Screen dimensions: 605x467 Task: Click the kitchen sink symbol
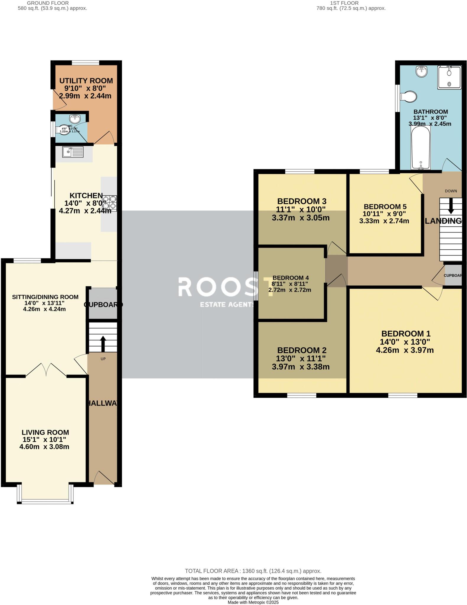pyautogui.click(x=73, y=152)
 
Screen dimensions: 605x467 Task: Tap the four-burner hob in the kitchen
pyautogui.click(x=109, y=203)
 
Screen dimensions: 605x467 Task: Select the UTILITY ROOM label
pyautogui.click(x=86, y=81)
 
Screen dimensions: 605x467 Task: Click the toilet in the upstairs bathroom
pyautogui.click(x=409, y=96)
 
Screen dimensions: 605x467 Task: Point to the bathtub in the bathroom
pyautogui.click(x=421, y=148)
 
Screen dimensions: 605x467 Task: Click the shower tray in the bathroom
pyautogui.click(x=449, y=77)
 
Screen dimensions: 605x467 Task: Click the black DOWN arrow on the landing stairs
pyautogui.click(x=451, y=206)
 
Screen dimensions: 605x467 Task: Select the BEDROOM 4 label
pyautogui.click(x=290, y=278)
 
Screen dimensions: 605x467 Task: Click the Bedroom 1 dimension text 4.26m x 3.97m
pyautogui.click(x=405, y=350)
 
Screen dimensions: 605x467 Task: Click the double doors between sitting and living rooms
pyautogui.click(x=46, y=369)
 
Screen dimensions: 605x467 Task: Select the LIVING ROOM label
pyautogui.click(x=45, y=432)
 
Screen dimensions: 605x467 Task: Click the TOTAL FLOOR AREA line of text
pyautogui.click(x=253, y=571)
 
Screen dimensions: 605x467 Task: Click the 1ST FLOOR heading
pyautogui.click(x=344, y=3)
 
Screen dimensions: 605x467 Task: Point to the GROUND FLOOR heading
pyautogui.click(x=48, y=3)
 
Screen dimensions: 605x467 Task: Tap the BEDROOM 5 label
pyautogui.click(x=385, y=206)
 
